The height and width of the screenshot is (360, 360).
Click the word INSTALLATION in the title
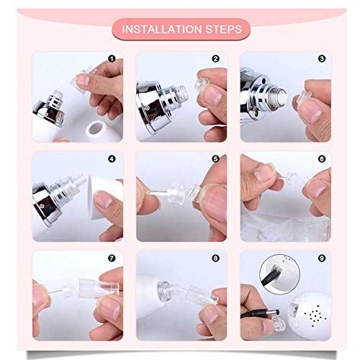(157, 30)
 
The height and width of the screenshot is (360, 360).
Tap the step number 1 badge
(112, 58)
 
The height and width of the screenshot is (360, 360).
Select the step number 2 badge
(215, 58)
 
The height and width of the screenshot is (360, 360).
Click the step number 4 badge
(112, 158)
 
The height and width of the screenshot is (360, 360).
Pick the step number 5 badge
(215, 158)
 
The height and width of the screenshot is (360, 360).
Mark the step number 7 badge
(112, 256)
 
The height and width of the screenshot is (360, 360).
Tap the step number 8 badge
(215, 256)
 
